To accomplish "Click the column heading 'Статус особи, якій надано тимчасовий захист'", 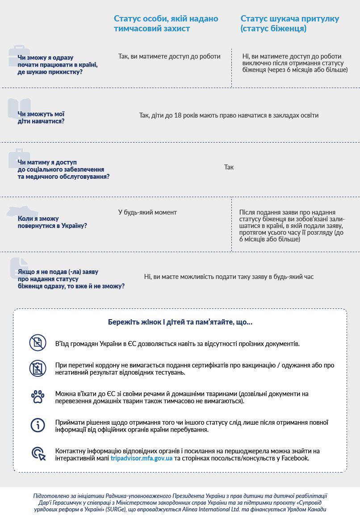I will pos(166,24).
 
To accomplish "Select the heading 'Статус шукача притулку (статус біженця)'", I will pos(289,24).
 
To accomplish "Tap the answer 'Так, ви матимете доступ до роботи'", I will pos(169,56).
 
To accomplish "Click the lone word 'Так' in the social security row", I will pos(229,167).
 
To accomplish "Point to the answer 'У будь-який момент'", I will pos(147,212).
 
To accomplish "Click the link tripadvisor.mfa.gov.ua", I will pos(142,458).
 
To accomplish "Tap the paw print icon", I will pos(38,397).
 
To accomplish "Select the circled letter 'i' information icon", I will pos(38,425).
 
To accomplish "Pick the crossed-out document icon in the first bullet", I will pos(38,343).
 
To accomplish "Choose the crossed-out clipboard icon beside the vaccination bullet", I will pos(38,368).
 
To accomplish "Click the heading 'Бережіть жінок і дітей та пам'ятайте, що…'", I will pos(180,322).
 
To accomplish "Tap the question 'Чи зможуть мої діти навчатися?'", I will pos(41,118).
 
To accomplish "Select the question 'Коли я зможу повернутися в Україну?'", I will pos(52,222).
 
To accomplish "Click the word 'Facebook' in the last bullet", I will pos(295,458).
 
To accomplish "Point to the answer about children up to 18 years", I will pos(229,115).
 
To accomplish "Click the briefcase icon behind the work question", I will pos(18,55).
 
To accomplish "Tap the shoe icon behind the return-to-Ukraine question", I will pos(19,211).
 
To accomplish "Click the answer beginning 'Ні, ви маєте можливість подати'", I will pos(229,277).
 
